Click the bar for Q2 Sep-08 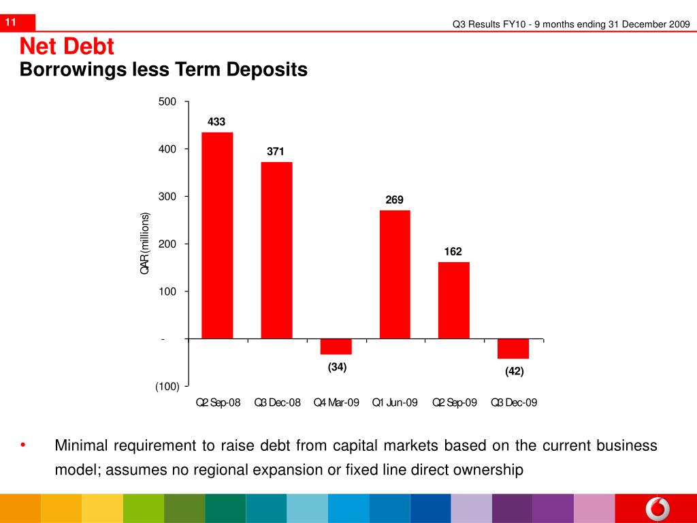coord(217,235)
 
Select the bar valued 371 coord(276,250)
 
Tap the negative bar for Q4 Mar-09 coord(336,347)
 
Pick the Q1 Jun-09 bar coord(395,274)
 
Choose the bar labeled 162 coord(453,300)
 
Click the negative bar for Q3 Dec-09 coord(513,349)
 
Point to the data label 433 coord(216,122)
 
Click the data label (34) coord(337,367)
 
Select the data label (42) coord(514,371)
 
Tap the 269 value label coord(395,200)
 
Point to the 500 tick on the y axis coord(167,101)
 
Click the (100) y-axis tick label coord(167,386)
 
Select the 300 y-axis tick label coord(167,197)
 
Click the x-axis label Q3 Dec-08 coord(277,402)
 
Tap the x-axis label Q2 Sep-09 coord(455,402)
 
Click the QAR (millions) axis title coord(144,244)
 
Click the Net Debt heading coord(67,47)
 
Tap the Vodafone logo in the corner coord(657,509)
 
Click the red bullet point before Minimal coord(23,445)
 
